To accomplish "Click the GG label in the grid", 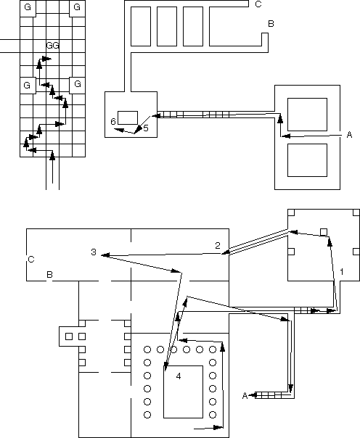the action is (x=52, y=46).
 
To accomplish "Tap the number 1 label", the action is (x=341, y=271).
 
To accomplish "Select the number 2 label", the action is (x=218, y=246).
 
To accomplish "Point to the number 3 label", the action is (x=94, y=252).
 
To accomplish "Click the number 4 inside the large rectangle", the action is (x=179, y=376).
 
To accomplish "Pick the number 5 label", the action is (x=146, y=128).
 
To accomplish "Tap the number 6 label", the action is (x=113, y=122).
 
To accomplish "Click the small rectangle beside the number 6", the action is (x=128, y=117).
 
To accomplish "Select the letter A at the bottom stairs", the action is (x=245, y=396).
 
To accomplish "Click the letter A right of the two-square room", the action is (x=349, y=135).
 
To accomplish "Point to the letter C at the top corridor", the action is (x=258, y=4).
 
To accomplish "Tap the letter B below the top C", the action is (x=271, y=24).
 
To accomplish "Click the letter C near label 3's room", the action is (x=31, y=260).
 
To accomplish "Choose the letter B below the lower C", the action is (x=49, y=275).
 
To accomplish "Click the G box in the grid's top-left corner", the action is (x=28, y=9).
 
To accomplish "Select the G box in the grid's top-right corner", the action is (x=77, y=9).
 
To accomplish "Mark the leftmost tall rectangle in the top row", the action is (x=141, y=26).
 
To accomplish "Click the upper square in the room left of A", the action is (x=307, y=115).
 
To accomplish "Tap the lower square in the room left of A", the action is (x=307, y=160).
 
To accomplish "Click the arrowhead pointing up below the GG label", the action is (x=39, y=64).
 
